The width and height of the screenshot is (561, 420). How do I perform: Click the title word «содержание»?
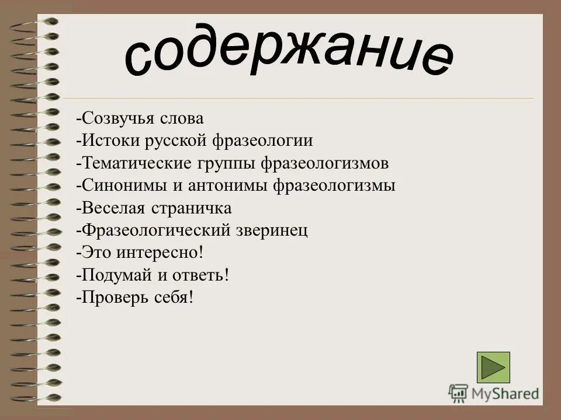point(289,55)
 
